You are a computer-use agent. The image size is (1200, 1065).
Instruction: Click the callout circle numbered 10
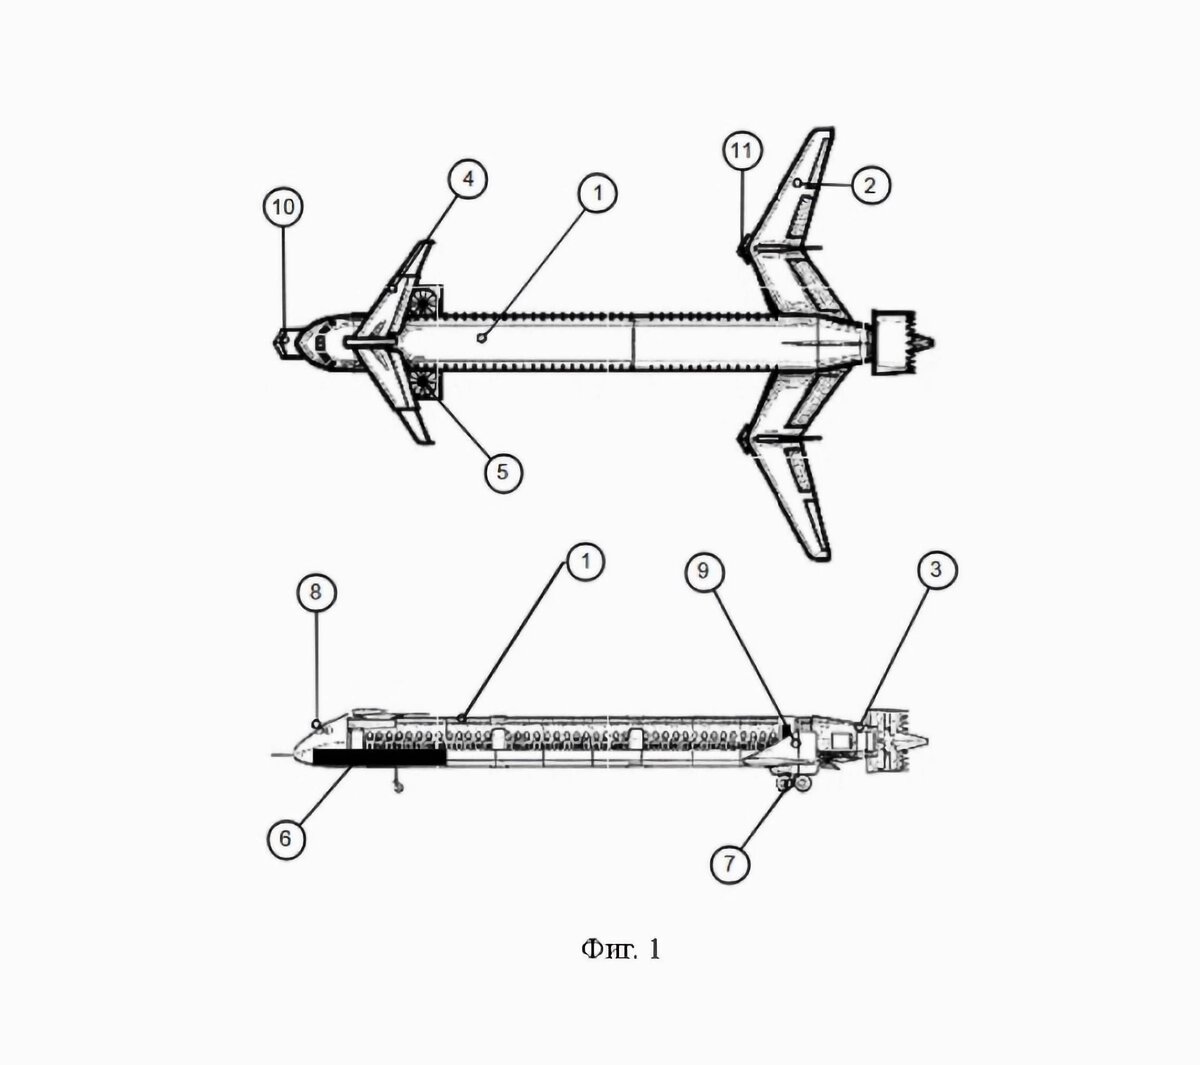[283, 207]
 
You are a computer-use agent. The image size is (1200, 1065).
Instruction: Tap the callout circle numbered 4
[468, 179]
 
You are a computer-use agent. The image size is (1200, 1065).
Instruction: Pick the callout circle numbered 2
[870, 186]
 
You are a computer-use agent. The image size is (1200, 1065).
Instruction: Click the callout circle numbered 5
[503, 472]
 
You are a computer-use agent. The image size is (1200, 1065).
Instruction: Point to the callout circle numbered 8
[316, 591]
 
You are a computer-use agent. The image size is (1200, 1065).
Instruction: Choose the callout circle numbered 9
[704, 571]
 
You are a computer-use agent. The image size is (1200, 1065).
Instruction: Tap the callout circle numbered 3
[936, 569]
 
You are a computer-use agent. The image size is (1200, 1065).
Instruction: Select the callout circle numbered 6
[286, 838]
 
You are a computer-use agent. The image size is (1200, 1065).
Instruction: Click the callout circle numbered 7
[730, 864]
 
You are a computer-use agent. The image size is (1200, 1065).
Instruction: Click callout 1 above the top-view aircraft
[598, 193]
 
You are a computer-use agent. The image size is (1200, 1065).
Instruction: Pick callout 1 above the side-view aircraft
[586, 560]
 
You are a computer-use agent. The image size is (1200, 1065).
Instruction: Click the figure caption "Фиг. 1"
[620, 949]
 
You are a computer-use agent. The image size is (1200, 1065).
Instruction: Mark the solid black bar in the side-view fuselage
[379, 758]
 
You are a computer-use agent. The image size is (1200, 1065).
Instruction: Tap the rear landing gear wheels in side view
[795, 785]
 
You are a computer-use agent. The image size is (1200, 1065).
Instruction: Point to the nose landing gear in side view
[398, 781]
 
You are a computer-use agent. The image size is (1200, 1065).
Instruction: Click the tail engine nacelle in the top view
[894, 342]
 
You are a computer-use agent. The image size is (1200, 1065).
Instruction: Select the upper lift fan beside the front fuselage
[424, 302]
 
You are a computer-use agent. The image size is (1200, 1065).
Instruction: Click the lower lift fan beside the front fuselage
[424, 384]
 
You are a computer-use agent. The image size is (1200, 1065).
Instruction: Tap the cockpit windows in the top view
[320, 342]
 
